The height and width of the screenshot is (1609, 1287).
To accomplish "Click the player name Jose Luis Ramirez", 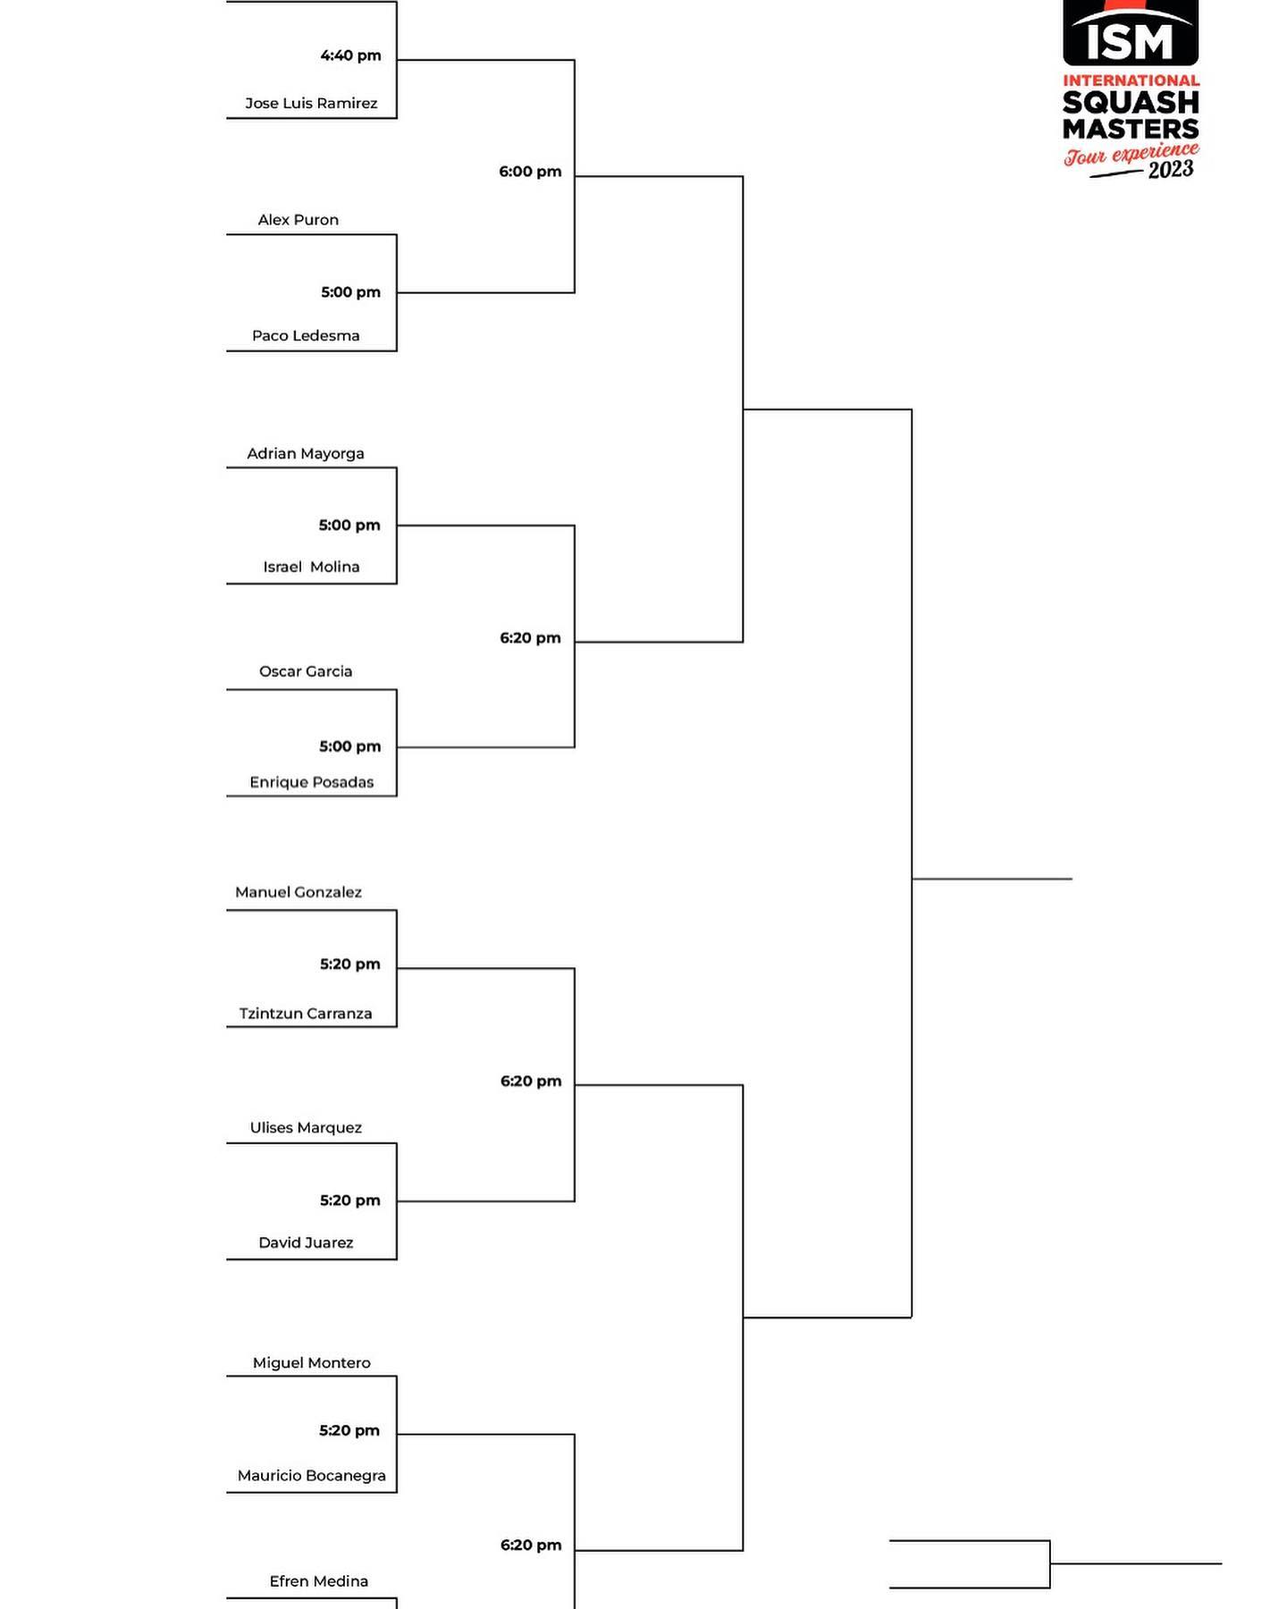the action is pyautogui.click(x=311, y=103).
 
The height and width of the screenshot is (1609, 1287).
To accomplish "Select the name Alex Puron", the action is pyautogui.click(x=299, y=220).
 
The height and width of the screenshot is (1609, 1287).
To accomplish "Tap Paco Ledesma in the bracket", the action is pyautogui.click(x=306, y=336).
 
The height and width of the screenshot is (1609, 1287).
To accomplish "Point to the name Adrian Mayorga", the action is pyautogui.click(x=306, y=454).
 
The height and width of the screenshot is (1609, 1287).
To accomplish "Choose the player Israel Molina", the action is pyautogui.click(x=311, y=567).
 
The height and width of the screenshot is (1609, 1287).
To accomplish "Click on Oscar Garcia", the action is pyautogui.click(x=306, y=671).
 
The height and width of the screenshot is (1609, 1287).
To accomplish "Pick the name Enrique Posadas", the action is pyautogui.click(x=312, y=782).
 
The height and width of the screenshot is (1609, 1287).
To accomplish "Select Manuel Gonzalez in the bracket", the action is pyautogui.click(x=299, y=892).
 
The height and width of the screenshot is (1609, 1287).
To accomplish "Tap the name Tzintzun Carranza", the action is pyautogui.click(x=306, y=1014).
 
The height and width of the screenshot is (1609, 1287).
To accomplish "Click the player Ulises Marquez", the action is pyautogui.click(x=306, y=1128).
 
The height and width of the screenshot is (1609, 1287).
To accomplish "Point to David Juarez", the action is pyautogui.click(x=306, y=1243).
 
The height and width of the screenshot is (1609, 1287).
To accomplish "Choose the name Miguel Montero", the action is pyautogui.click(x=312, y=1363).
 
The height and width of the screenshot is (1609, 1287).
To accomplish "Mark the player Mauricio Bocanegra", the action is pyautogui.click(x=312, y=1476).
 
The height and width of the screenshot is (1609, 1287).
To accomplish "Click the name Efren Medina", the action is pyautogui.click(x=319, y=1581).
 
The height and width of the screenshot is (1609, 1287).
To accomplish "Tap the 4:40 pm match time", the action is pyautogui.click(x=351, y=55).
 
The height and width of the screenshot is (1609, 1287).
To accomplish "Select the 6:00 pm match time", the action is pyautogui.click(x=530, y=172).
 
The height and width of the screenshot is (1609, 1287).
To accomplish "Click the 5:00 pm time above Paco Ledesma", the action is pyautogui.click(x=351, y=292).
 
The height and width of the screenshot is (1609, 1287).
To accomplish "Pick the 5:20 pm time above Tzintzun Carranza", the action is pyautogui.click(x=350, y=965).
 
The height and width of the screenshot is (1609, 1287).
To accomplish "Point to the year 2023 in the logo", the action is pyautogui.click(x=1171, y=169).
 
